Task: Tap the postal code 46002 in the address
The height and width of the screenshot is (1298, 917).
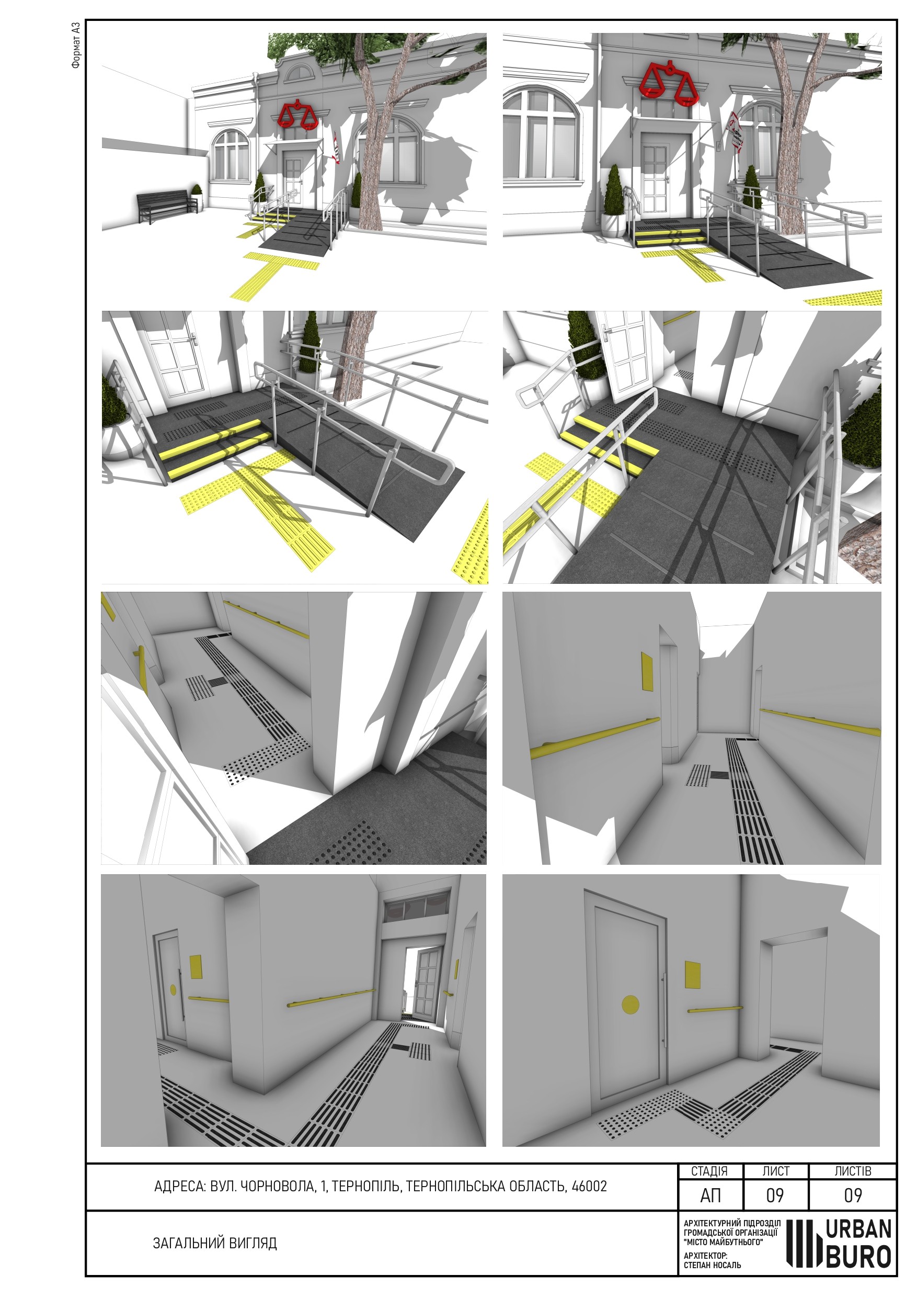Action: pyautogui.click(x=589, y=1186)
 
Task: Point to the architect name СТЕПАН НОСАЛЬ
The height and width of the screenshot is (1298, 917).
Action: pyautogui.click(x=712, y=1265)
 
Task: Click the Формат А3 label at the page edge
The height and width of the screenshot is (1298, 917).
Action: pyautogui.click(x=76, y=44)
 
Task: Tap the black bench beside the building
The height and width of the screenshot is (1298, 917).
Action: pyautogui.click(x=168, y=205)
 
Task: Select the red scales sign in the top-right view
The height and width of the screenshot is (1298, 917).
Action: pyautogui.click(x=667, y=83)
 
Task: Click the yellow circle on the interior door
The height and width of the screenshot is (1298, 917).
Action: pyautogui.click(x=630, y=1004)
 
